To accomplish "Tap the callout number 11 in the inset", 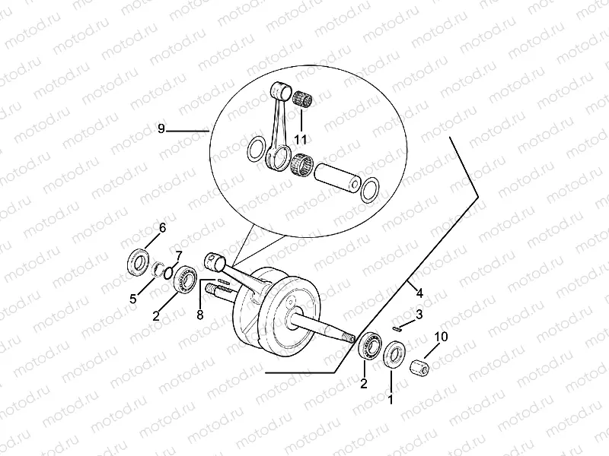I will point(301,139).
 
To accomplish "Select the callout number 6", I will point(161,227).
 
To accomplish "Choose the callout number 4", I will point(417,290).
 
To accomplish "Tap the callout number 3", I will point(419,314).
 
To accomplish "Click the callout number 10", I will point(441,337).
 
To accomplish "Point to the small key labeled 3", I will point(397,328).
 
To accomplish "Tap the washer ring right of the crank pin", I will point(371,188).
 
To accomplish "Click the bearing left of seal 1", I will point(371,346).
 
